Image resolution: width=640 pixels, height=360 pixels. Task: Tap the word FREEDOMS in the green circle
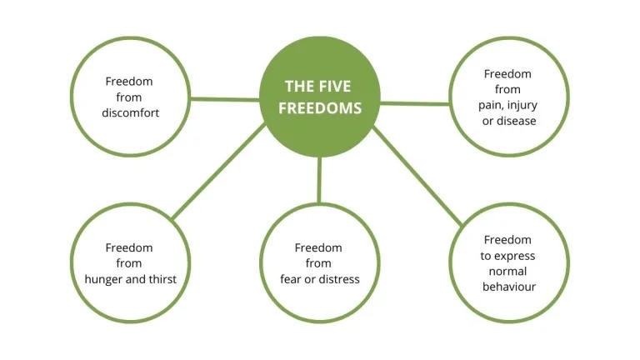click(x=320, y=108)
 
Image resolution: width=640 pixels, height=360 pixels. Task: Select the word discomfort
click(x=129, y=112)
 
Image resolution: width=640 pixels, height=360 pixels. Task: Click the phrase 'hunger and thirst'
click(x=130, y=279)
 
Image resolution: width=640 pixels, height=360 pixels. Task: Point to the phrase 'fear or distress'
click(x=320, y=279)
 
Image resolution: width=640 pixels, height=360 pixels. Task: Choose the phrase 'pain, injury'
click(x=508, y=105)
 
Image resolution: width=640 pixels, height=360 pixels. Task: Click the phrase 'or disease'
click(x=508, y=121)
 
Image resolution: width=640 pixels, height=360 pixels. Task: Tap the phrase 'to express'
click(x=508, y=256)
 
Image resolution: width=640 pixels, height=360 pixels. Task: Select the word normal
click(x=508, y=272)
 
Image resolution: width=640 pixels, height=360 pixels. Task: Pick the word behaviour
click(x=508, y=287)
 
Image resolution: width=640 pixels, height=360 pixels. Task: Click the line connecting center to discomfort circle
click(x=225, y=99)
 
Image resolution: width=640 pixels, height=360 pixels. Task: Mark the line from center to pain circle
click(x=415, y=103)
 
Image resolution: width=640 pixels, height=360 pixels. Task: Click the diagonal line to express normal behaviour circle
click(x=417, y=176)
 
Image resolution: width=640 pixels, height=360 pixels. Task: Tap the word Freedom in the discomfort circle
click(x=129, y=81)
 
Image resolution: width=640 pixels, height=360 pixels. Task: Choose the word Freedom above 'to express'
click(x=508, y=240)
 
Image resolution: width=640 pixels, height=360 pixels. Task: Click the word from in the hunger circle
click(x=130, y=263)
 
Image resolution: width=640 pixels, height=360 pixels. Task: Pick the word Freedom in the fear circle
click(x=319, y=247)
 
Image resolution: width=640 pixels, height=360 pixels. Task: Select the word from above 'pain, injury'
click(x=508, y=89)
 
